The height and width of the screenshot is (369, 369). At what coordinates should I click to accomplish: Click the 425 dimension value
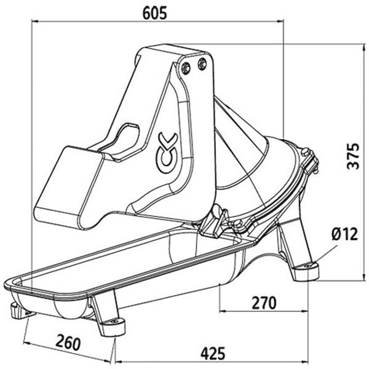tap(211, 353)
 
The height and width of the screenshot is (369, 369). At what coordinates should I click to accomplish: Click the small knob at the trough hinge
tap(220, 220)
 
